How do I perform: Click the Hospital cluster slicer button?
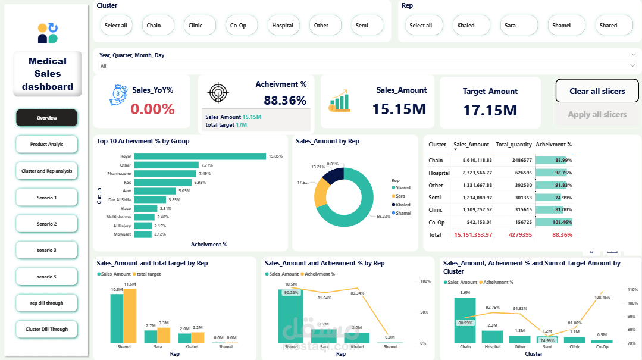(x=283, y=26)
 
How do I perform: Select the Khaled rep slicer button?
(x=466, y=26)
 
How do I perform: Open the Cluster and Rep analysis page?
(x=46, y=171)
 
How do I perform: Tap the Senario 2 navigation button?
(x=46, y=224)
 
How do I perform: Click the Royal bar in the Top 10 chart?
(x=199, y=156)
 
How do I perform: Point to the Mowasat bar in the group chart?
(x=143, y=234)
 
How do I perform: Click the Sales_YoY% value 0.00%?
(x=152, y=109)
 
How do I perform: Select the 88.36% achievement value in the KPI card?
(x=285, y=101)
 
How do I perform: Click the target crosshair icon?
(x=218, y=93)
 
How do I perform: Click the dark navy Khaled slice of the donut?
(x=333, y=176)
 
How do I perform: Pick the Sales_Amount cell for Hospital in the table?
(x=473, y=173)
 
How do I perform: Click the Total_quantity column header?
(x=513, y=145)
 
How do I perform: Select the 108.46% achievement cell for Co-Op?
(x=553, y=222)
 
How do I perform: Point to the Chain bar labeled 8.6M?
(x=465, y=320)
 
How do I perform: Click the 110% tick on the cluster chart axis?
(x=631, y=289)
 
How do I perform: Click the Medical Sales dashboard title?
(x=48, y=74)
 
